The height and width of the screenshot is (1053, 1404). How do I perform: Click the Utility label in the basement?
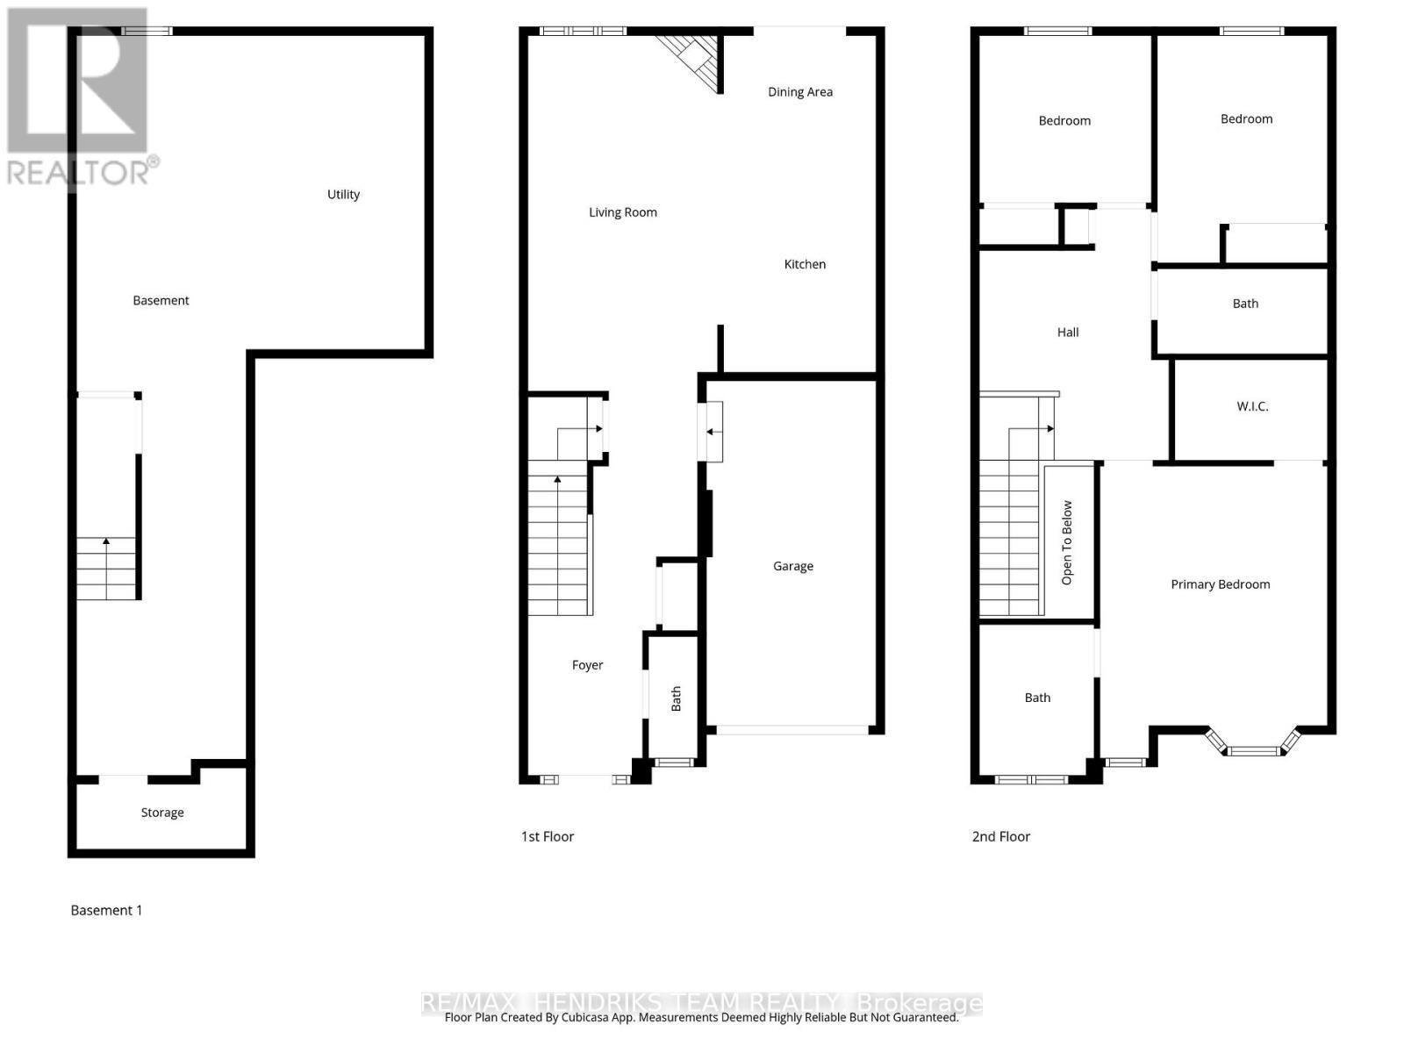pyautogui.click(x=343, y=195)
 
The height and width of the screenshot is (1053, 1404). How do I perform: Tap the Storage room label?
pyautogui.click(x=162, y=813)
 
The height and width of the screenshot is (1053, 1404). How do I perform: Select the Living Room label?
pyautogui.click(x=622, y=212)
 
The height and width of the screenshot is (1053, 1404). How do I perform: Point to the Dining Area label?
pyautogui.click(x=799, y=92)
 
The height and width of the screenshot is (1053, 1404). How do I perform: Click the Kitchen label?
pyautogui.click(x=805, y=264)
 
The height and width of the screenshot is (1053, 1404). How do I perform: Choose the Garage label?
pyautogui.click(x=792, y=566)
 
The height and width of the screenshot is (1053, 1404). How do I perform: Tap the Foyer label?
pyautogui.click(x=587, y=665)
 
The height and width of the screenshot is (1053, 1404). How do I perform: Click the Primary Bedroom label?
pyautogui.click(x=1220, y=584)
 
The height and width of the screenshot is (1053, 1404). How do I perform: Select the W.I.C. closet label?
pyautogui.click(x=1252, y=406)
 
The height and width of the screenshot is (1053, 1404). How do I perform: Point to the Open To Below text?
pyautogui.click(x=1067, y=542)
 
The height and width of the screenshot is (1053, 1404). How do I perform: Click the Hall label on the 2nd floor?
pyautogui.click(x=1067, y=333)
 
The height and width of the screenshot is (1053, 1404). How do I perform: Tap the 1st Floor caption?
pyautogui.click(x=548, y=836)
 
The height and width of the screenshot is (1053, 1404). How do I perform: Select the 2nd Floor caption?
pyautogui.click(x=1000, y=836)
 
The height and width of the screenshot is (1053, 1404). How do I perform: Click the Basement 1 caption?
pyautogui.click(x=106, y=910)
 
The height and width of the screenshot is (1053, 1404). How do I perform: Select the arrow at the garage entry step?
pyautogui.click(x=710, y=431)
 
